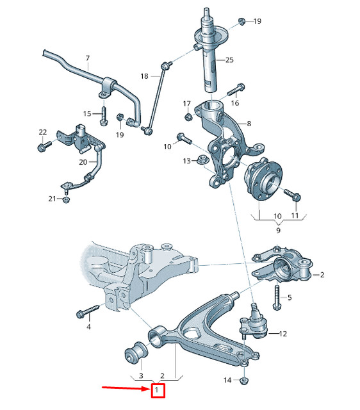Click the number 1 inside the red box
158,389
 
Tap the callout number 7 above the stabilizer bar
87,58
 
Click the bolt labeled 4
85,313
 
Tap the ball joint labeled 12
253,325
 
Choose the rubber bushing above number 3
135,350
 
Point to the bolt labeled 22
44,147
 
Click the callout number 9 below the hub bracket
278,230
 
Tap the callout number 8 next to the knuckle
249,123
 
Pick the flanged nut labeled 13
202,160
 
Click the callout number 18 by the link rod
145,76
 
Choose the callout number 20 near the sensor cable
83,162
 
